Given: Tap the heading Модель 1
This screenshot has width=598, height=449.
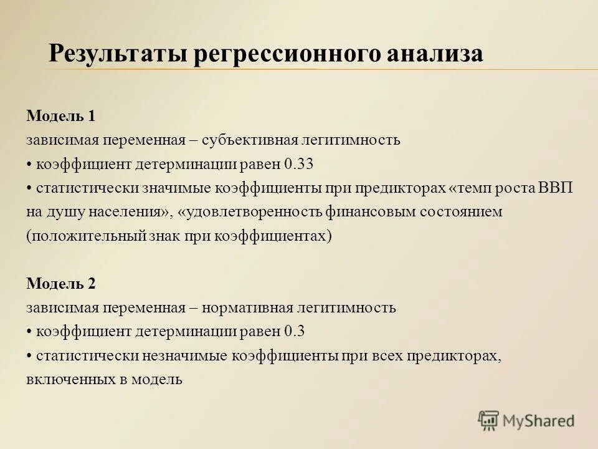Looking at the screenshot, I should pyautogui.click(x=61, y=116).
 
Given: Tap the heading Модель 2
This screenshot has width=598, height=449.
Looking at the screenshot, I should pyautogui.click(x=61, y=283).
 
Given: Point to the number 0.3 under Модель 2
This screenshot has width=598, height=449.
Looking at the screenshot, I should pyautogui.click(x=294, y=331).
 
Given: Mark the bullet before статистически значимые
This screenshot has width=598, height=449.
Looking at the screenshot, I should pyautogui.click(x=29, y=188).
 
